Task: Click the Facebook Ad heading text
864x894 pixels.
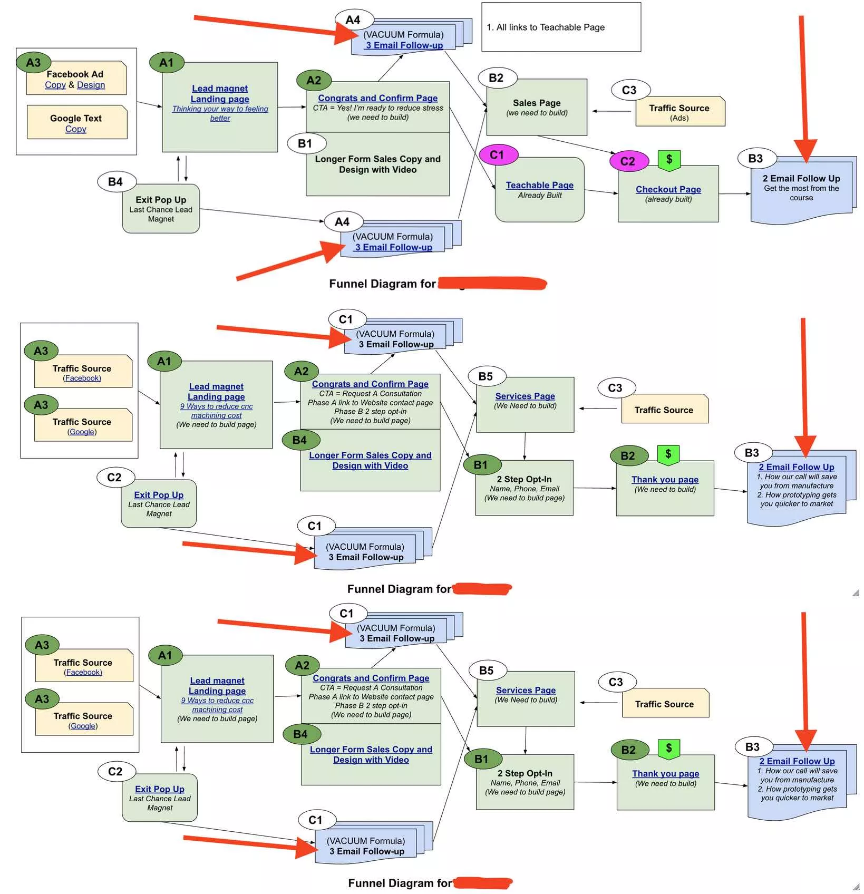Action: tap(75, 74)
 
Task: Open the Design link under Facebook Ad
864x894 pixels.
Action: tap(91, 85)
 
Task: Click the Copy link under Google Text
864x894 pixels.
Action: tap(76, 129)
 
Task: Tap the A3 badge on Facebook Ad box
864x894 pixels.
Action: tap(33, 63)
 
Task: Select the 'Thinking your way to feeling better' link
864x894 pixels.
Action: tap(220, 113)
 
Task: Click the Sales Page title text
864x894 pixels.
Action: tap(536, 103)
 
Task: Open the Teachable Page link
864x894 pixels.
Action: tap(539, 185)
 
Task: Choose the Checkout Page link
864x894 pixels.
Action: tap(668, 189)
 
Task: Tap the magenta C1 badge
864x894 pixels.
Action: tap(498, 155)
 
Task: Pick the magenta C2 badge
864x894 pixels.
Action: tap(628, 161)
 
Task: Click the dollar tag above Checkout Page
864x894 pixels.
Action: tap(669, 160)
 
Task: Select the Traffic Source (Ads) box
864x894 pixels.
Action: tap(679, 111)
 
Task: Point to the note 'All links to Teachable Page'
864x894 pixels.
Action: tap(546, 27)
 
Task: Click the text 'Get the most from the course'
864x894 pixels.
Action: tap(801, 193)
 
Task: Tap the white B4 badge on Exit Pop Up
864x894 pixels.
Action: tap(116, 182)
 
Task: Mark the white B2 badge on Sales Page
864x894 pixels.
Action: tap(497, 78)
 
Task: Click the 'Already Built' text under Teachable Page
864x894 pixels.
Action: tap(539, 196)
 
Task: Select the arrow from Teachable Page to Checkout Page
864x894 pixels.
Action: tap(601, 192)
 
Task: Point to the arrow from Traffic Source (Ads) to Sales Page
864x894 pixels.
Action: tap(611, 111)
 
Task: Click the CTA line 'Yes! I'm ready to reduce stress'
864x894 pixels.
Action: tap(377, 108)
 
